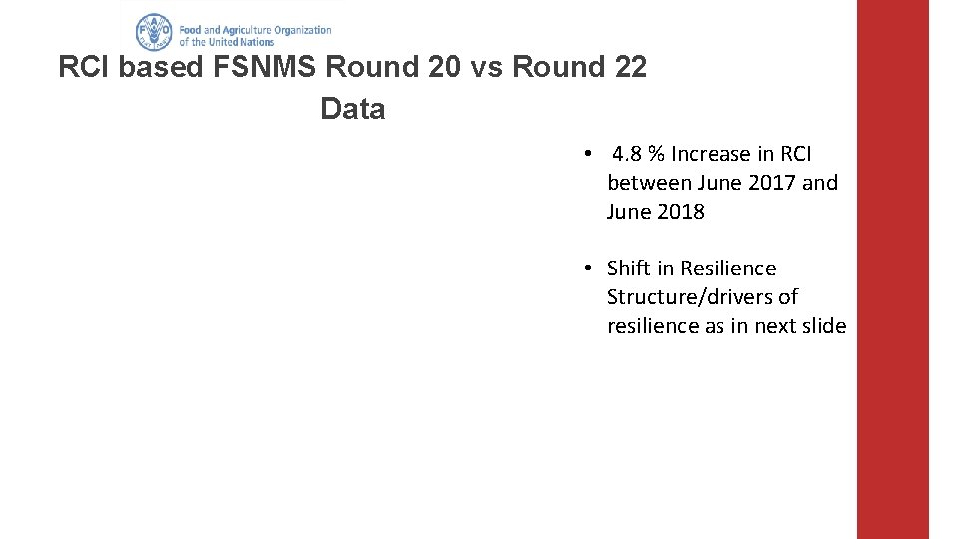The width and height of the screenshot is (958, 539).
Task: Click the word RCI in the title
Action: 85,68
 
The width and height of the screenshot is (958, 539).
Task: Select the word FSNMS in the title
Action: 268,68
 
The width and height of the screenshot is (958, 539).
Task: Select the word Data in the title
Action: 352,109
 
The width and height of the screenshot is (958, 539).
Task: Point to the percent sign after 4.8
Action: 656,154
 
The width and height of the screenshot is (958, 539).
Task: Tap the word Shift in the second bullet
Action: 628,269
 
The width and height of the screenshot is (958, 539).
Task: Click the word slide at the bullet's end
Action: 824,326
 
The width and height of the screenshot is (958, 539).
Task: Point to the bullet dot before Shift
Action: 589,269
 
